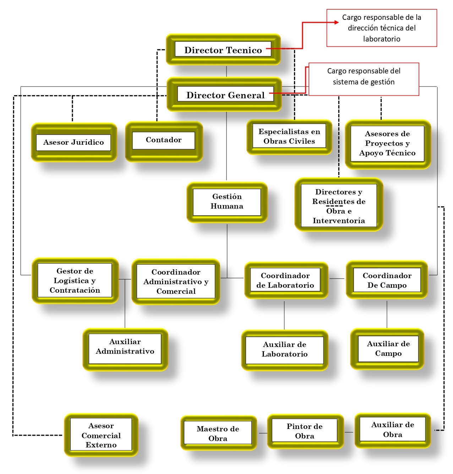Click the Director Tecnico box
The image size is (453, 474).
pos(223,49)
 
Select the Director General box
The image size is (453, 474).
pos(224,94)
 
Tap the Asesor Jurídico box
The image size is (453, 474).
pos(74,142)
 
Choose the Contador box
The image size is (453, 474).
pos(164,142)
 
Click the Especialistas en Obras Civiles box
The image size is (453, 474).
pos(289,137)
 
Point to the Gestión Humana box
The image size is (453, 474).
pos(227,202)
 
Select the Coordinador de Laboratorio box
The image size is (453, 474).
pos(286,280)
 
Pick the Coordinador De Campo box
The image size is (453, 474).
pos(387,280)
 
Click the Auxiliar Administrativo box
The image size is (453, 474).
pos(125,349)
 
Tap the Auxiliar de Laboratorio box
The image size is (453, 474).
pos(284,350)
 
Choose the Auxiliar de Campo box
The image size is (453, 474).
pos(387,348)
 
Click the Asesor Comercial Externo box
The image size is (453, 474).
pos(101,435)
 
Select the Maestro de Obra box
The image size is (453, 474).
pos(218,433)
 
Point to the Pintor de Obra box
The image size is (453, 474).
pos(305,431)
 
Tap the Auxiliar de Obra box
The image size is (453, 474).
pos(392,430)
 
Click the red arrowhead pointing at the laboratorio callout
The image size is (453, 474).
pos(337,22)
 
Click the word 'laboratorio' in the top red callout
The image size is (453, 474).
pos(382,39)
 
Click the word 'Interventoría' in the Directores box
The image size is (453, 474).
pos(339,221)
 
